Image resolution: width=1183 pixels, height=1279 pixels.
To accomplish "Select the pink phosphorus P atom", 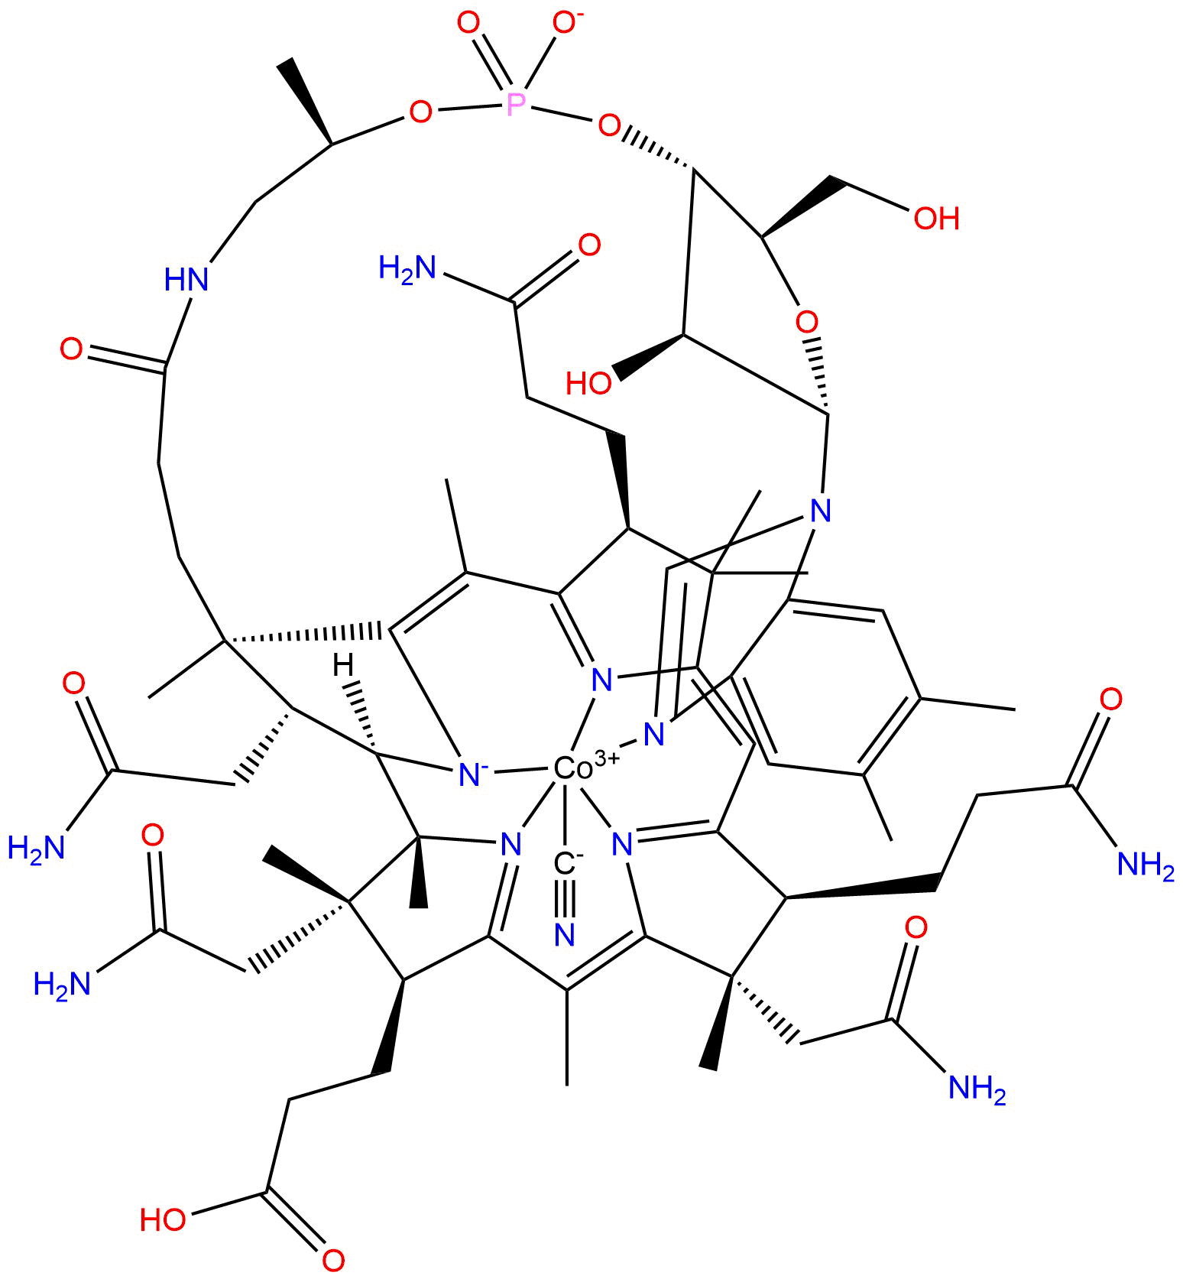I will [x=517, y=102].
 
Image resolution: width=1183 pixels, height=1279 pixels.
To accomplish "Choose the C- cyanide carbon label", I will [x=566, y=864].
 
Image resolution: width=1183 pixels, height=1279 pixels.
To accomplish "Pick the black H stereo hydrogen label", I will [x=344, y=665].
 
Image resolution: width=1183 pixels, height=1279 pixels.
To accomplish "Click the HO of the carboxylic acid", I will [x=163, y=1219].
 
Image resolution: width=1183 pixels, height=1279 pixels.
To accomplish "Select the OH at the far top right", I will [x=936, y=219].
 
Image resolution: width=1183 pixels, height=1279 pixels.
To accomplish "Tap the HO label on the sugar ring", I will [x=588, y=383].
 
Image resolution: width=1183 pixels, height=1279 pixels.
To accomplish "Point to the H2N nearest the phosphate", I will [x=407, y=268].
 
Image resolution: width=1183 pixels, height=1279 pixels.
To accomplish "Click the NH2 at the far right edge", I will [x=1145, y=865].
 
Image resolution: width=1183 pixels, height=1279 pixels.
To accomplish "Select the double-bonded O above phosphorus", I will [x=468, y=24].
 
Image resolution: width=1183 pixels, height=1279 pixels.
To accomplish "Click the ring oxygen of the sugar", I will [x=806, y=321].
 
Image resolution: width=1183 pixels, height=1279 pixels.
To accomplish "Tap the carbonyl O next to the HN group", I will [x=72, y=350].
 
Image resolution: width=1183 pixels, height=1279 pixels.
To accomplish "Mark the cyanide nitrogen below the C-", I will [x=565, y=934].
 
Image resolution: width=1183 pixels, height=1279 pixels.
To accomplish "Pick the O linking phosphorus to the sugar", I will [x=609, y=125].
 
